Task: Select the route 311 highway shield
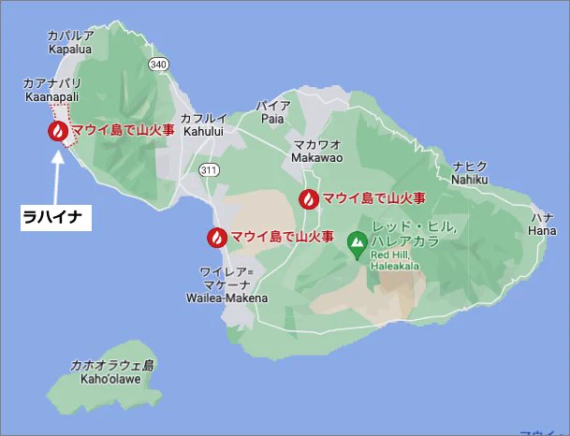pos(209,168)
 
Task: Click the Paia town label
pos(273,112)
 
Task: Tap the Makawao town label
pos(317,152)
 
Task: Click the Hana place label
pos(541,224)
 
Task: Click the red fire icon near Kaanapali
pos(57,131)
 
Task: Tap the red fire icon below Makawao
pos(308,198)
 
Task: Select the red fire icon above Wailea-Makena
pos(216,237)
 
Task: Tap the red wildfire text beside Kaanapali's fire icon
pos(123,130)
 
